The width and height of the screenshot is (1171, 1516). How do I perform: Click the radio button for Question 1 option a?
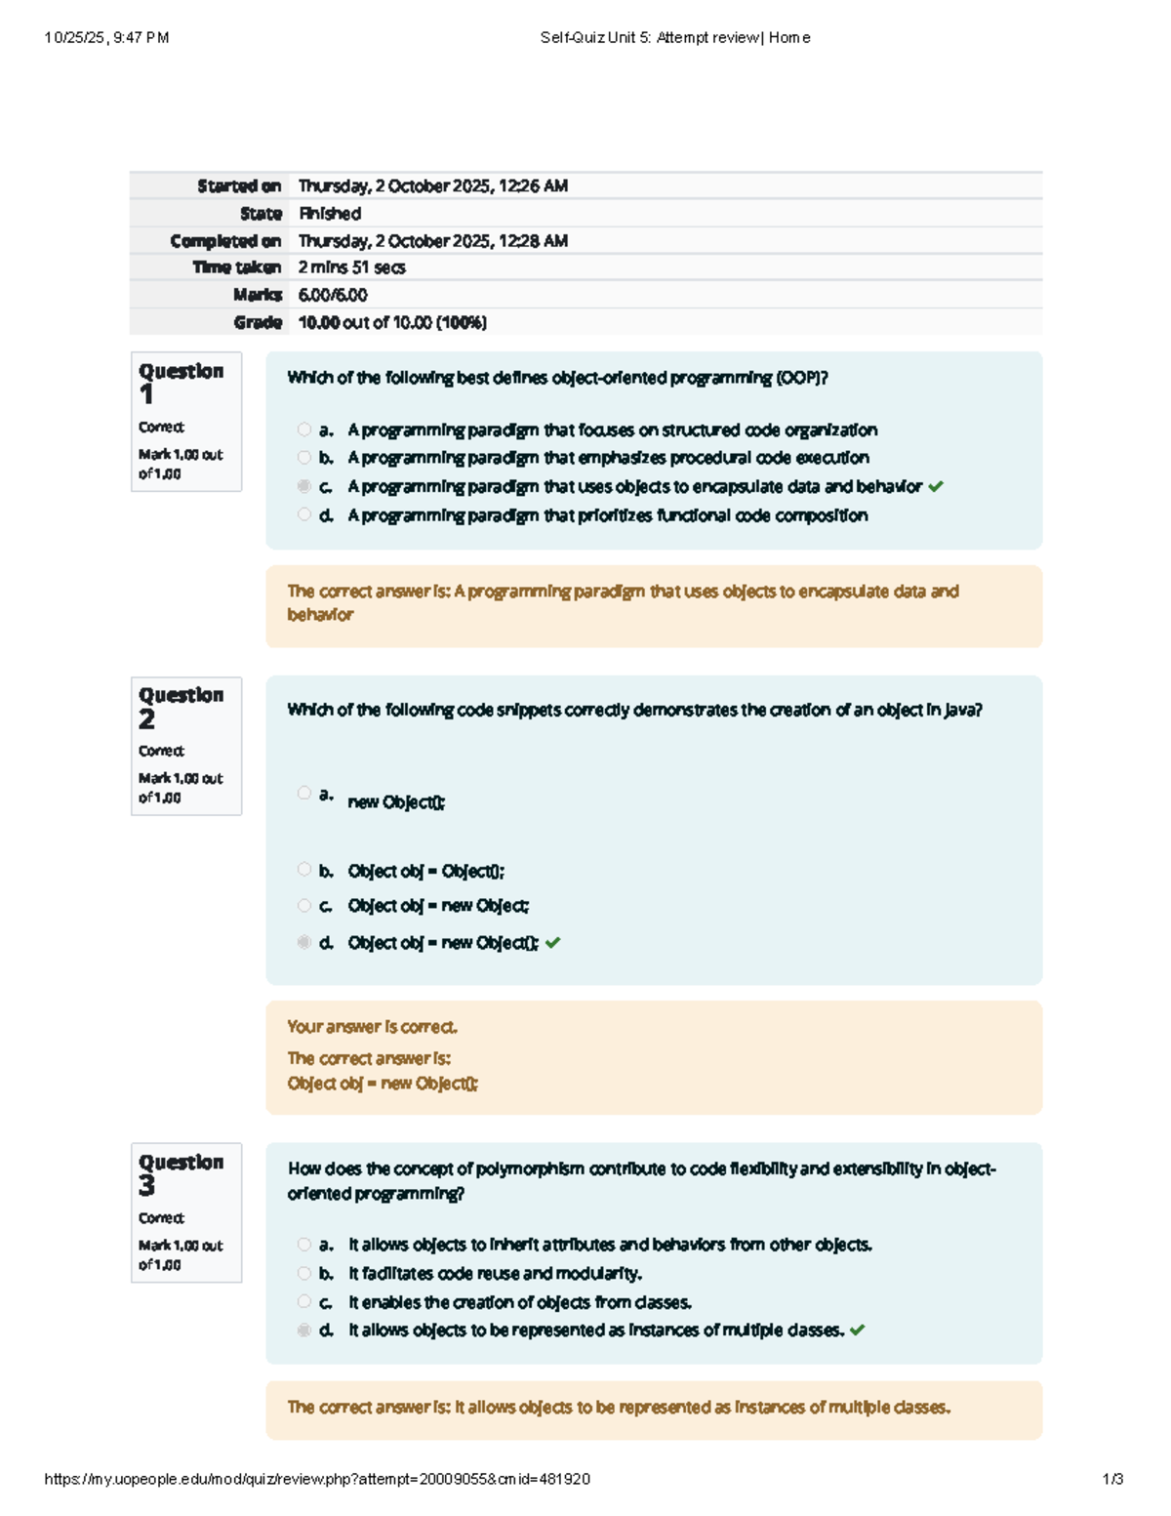(304, 430)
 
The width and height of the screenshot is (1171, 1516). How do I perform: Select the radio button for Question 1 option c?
(304, 486)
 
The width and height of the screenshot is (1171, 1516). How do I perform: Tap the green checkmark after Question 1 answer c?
(936, 486)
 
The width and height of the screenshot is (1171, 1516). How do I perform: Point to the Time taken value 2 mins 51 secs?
(351, 267)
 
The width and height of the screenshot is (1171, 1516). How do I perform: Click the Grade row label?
(258, 322)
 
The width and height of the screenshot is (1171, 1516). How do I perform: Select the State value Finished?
(330, 213)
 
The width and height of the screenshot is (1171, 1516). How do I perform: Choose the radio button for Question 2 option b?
(304, 870)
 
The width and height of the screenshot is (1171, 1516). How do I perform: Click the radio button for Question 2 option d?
(304, 942)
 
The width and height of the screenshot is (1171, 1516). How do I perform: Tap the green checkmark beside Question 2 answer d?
(553, 942)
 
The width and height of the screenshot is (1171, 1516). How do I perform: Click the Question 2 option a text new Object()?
(396, 802)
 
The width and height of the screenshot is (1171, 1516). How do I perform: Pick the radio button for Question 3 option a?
(304, 1245)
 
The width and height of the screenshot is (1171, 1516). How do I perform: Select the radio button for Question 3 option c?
(304, 1301)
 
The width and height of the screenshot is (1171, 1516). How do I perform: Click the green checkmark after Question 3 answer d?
(858, 1330)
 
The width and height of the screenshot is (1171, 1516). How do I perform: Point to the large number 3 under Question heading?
(146, 1186)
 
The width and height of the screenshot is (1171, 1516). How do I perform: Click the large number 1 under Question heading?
(146, 394)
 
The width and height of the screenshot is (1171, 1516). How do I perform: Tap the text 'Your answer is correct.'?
(372, 1027)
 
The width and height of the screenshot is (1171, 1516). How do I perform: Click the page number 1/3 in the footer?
(1112, 1479)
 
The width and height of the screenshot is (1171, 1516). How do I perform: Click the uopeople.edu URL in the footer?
(317, 1479)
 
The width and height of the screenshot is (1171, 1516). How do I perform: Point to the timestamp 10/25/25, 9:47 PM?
(106, 38)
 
